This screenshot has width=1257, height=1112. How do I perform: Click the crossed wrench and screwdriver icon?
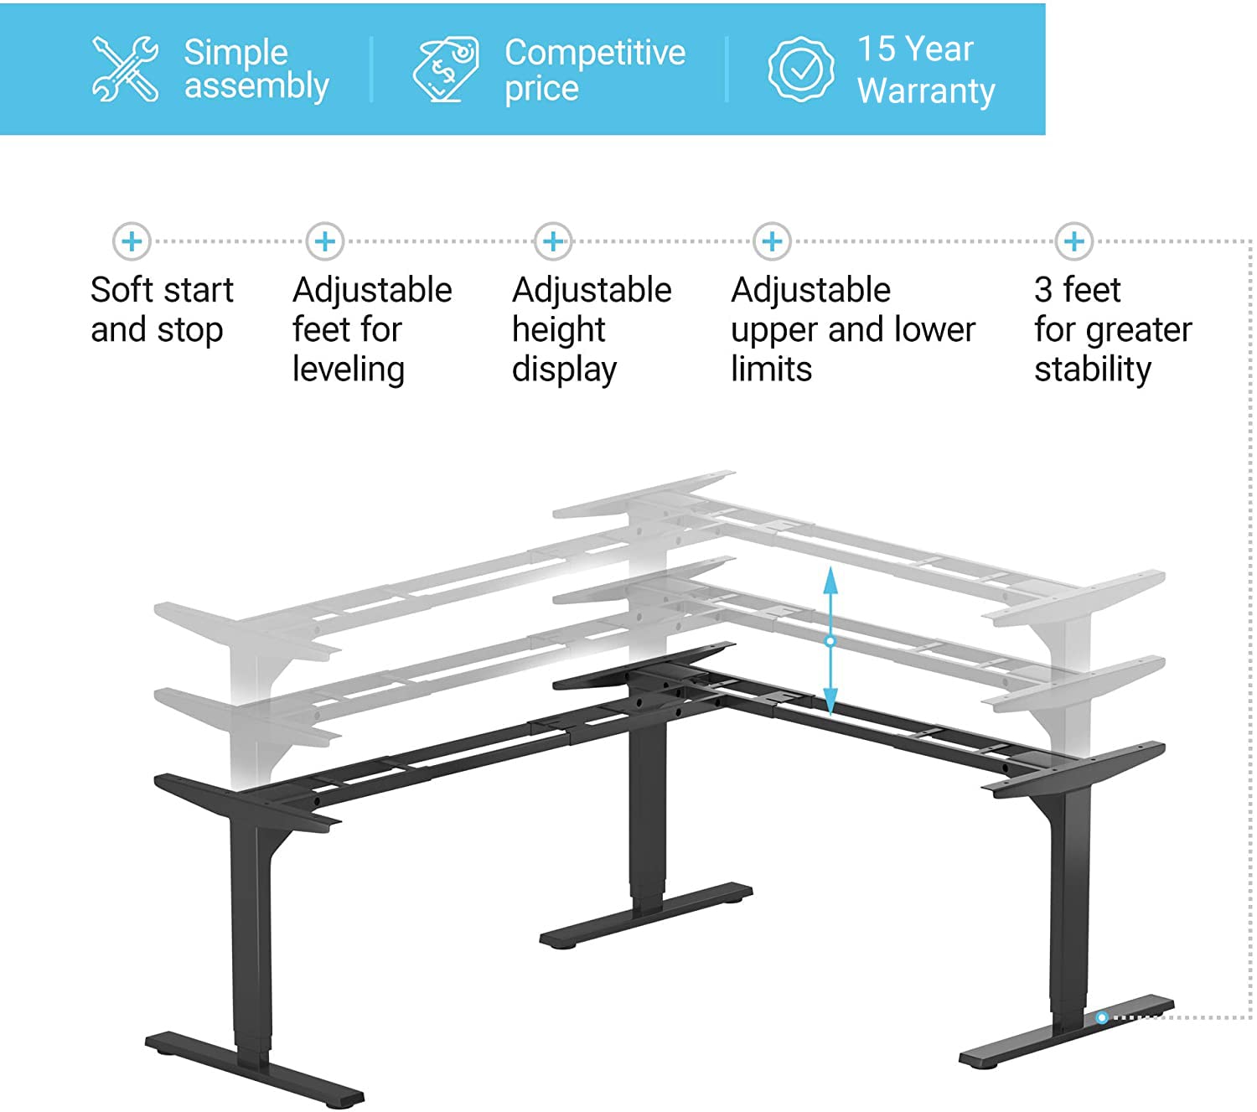pos(125,68)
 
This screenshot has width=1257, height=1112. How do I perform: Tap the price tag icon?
pos(446,68)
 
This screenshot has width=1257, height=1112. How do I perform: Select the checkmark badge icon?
pos(801,69)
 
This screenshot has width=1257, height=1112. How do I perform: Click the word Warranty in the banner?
pos(926,91)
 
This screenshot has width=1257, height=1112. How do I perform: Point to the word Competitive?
pos(595,52)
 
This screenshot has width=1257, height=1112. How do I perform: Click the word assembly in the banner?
pos(256,86)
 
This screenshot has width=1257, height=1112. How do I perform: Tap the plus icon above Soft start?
pos(132,241)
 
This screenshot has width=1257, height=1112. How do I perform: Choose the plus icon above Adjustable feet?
pos(325,241)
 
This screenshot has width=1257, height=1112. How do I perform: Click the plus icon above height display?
pos(553,241)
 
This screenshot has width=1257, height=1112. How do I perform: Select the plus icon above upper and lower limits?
pos(772,241)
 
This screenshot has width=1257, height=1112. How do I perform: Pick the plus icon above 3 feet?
pos(1074,241)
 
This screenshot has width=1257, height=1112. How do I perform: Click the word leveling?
pos(349,370)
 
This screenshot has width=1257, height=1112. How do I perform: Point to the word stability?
pos(1093,370)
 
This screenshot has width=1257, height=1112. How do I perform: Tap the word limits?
pos(771,370)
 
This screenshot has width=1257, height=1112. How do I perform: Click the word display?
pos(564,370)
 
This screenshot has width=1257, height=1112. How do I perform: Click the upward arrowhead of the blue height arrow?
pos(830,580)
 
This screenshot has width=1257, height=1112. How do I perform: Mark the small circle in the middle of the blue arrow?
pos(830,641)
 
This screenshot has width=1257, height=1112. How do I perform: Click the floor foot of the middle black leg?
pos(646,915)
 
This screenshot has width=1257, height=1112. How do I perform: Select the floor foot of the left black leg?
pos(255,1070)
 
